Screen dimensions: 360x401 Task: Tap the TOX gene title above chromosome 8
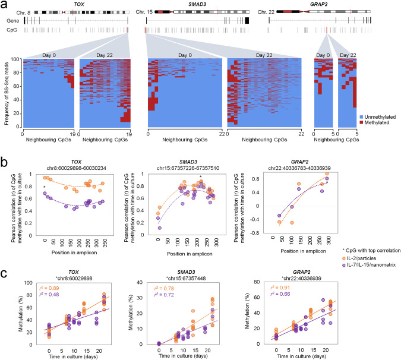78,4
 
